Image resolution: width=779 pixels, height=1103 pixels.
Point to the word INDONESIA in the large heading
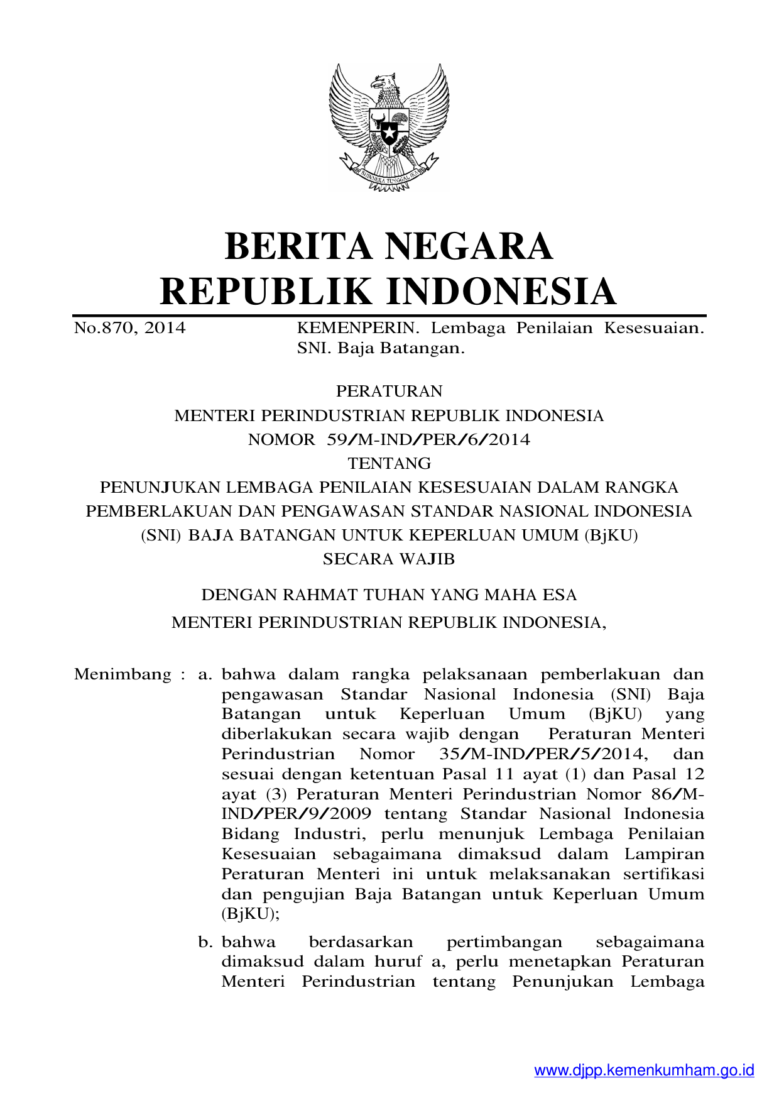coord(501,292)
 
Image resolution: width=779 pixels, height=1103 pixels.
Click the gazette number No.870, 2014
coord(130,328)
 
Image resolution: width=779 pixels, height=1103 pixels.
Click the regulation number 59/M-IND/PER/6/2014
coord(428,440)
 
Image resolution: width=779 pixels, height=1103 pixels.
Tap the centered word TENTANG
coord(389,464)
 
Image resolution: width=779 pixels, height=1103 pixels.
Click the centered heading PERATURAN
coord(389,392)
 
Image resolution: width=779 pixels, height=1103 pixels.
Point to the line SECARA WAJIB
coord(389,559)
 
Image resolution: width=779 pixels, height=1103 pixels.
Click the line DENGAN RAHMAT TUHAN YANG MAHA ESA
coord(389,595)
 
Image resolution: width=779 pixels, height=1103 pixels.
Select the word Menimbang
coord(123,675)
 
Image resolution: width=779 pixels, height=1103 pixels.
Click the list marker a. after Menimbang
coord(205,675)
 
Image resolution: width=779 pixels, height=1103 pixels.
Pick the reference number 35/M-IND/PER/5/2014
coord(543,754)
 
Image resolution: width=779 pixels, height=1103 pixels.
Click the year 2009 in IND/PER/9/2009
coord(350,814)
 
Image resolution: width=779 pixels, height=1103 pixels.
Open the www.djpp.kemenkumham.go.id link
coord(644,1070)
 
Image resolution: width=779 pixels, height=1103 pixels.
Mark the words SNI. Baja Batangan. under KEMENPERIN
coord(381,348)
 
